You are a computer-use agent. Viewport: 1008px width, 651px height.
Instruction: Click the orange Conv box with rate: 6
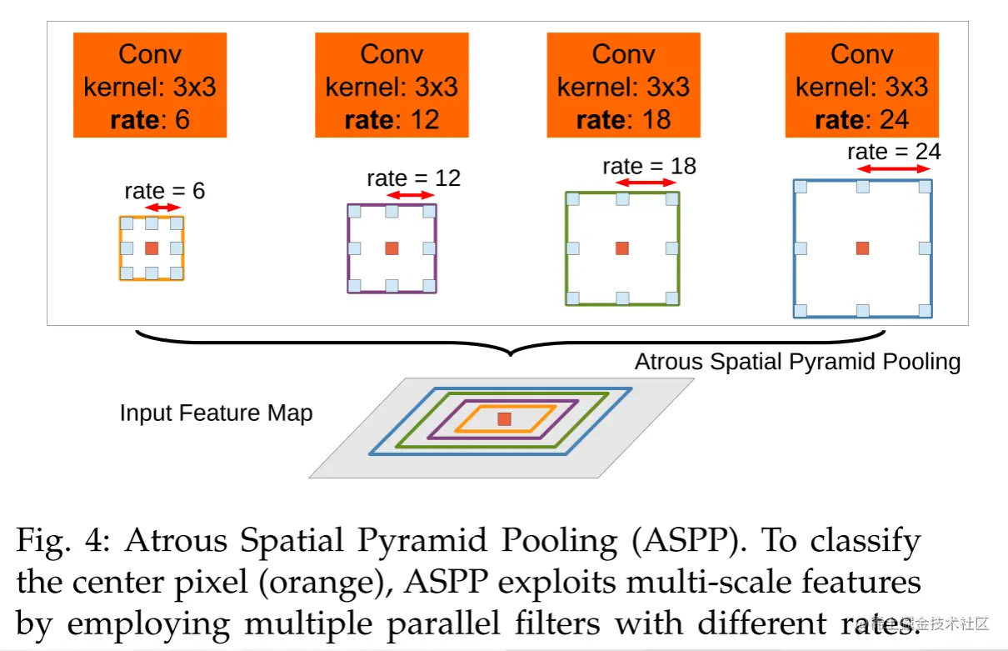coord(150,85)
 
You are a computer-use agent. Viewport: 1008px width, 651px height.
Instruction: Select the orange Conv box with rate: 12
coord(392,85)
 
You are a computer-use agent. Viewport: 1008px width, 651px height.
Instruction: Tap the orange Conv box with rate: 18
coord(624,85)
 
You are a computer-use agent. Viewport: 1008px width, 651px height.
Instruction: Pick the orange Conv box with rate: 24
coord(862,85)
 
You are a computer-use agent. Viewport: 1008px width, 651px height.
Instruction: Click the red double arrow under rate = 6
coord(162,207)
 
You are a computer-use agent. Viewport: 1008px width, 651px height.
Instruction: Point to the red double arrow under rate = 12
coord(411,195)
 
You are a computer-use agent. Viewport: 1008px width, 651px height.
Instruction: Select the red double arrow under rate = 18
coord(646,183)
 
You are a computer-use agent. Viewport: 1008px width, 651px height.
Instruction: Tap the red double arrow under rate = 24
coord(894,169)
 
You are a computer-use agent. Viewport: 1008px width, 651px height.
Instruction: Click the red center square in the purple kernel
coord(392,248)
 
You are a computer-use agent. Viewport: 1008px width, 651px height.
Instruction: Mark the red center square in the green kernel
coord(622,248)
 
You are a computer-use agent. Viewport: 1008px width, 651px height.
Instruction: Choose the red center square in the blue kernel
coord(863,248)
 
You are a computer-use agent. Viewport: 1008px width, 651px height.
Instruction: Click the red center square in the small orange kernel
coord(152,248)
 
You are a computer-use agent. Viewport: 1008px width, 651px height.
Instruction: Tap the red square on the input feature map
coord(505,419)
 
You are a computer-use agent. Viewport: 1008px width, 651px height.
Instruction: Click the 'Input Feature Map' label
coord(216,413)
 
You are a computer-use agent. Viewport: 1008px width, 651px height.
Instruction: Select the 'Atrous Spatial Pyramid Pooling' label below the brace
coord(797,362)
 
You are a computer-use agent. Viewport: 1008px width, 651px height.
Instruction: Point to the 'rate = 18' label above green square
coord(649,166)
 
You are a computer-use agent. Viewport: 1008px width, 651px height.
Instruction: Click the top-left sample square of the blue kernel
coord(801,187)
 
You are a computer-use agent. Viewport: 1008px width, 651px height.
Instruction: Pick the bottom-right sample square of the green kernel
coord(671,298)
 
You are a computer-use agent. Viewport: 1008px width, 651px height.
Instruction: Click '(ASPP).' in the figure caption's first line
coord(687,540)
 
